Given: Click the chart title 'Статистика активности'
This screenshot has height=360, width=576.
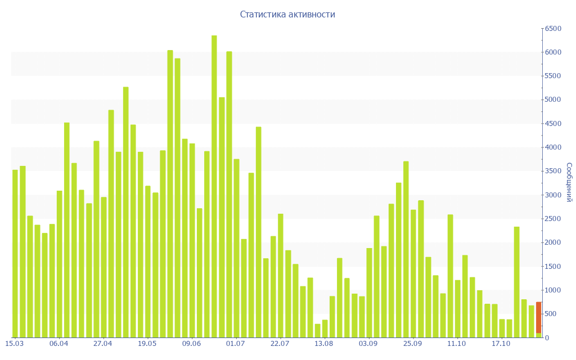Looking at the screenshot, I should click(287, 15).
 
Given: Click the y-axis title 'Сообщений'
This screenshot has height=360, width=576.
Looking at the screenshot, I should click(569, 182).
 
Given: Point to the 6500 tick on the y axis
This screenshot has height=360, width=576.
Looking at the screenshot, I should click(552, 28).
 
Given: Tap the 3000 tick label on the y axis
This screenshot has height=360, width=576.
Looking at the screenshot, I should click(552, 195).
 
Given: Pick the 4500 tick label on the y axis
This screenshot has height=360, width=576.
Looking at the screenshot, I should click(552, 124).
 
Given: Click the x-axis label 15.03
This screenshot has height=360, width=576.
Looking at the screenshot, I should click(15, 344).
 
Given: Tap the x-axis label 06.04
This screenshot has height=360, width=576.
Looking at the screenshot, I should click(59, 344).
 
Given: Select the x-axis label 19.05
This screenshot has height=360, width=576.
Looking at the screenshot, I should click(147, 344).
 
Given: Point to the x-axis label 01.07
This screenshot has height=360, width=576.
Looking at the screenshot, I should click(236, 344).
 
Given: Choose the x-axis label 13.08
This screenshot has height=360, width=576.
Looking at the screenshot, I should click(324, 344).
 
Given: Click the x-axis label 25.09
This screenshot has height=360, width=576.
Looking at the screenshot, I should click(413, 344).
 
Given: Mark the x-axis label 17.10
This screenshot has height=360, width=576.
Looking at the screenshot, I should click(501, 344).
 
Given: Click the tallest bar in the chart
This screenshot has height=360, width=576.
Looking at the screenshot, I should click(214, 186).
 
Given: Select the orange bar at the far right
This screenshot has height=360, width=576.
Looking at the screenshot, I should click(538, 317).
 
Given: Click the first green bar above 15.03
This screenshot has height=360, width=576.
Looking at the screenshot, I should click(15, 253).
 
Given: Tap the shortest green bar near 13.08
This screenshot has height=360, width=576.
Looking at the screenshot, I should click(317, 331).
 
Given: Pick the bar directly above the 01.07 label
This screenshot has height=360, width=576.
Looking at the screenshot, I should click(236, 247).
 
